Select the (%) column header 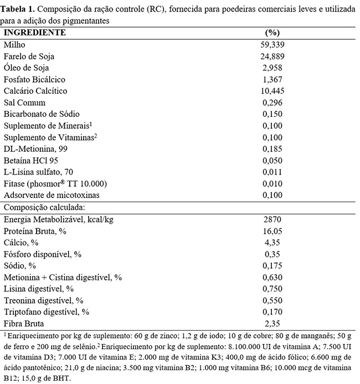[x=272, y=32]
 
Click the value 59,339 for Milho [x=272, y=44]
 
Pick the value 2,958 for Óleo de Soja [x=272, y=68]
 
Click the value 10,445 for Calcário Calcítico [x=272, y=91]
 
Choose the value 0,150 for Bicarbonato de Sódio [x=272, y=114]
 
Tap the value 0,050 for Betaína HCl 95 [x=272, y=160]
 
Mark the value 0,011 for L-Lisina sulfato [x=272, y=172]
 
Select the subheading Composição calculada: [x=44, y=207]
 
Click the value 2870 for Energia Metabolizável [x=272, y=219]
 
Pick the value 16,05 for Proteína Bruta [x=272, y=231]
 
